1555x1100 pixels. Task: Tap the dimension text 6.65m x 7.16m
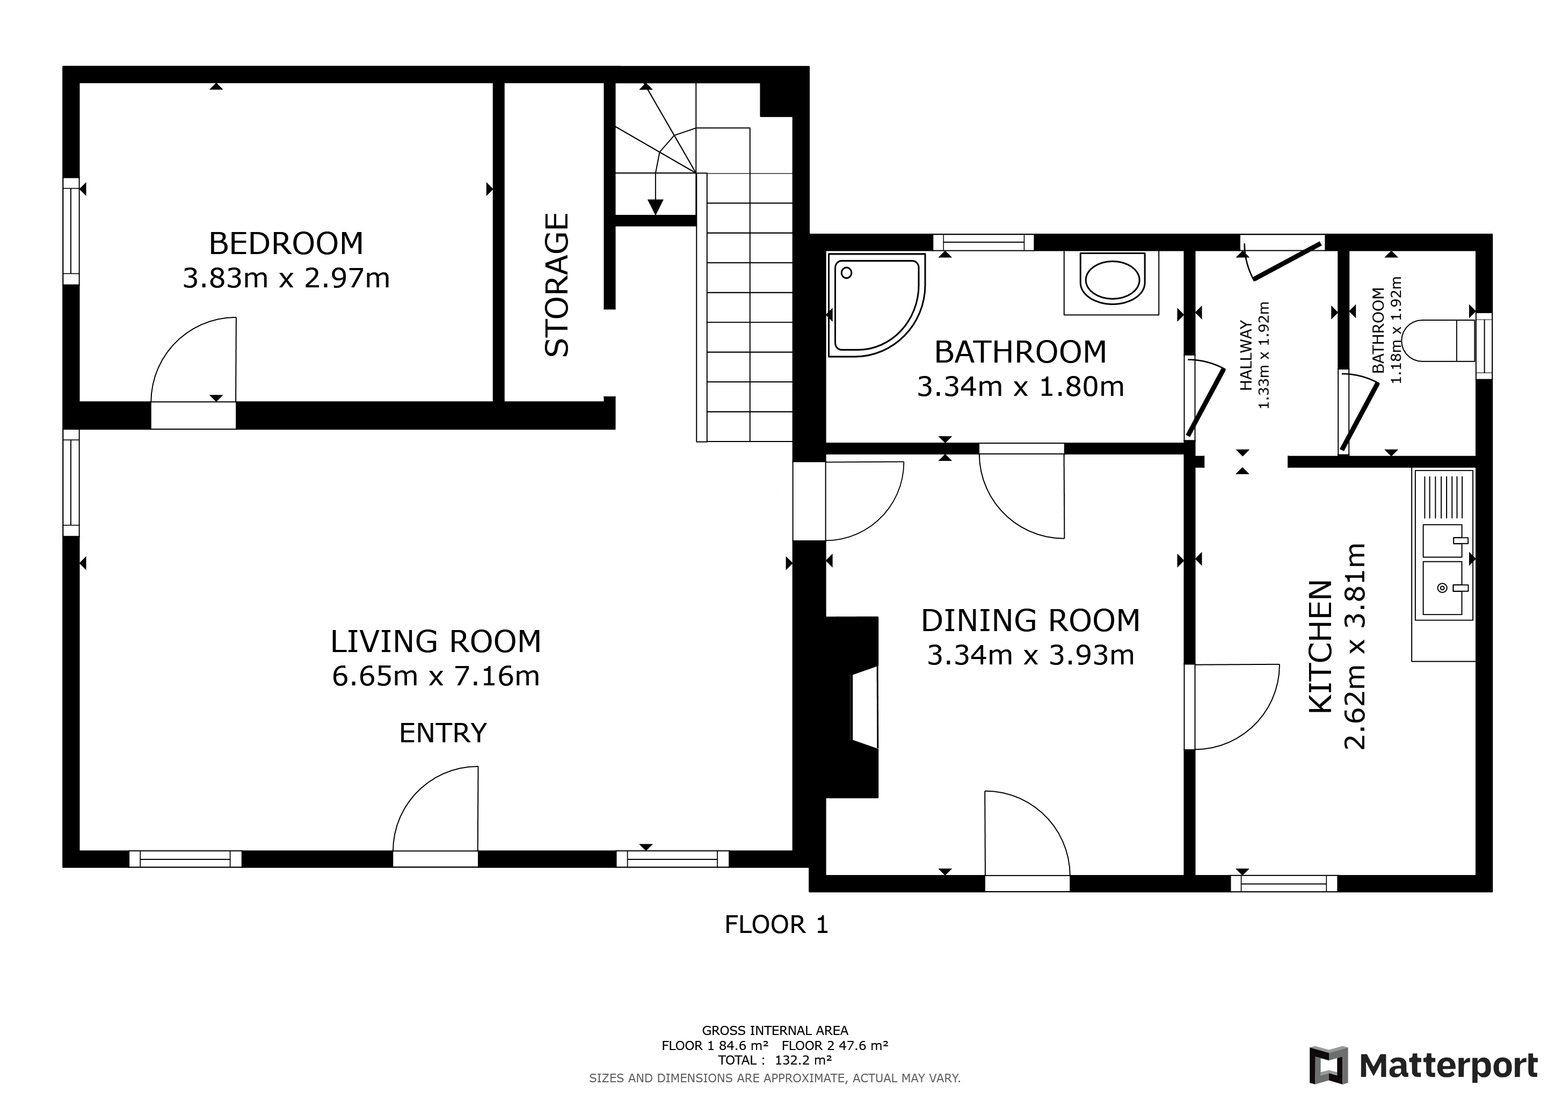coord(435,677)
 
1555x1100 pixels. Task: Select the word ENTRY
coord(443,733)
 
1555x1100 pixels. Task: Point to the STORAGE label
coord(557,285)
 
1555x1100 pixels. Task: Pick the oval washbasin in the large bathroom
coord(1112,280)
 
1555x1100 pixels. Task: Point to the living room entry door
coord(436,813)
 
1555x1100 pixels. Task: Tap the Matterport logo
coord(1423,1065)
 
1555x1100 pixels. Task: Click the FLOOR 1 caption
coord(776,924)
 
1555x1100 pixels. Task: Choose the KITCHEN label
coord(1321,647)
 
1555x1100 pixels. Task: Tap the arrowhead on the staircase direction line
coord(655,207)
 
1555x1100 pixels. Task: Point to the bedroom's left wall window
coord(71,231)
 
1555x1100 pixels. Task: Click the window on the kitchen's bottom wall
coord(1283,883)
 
